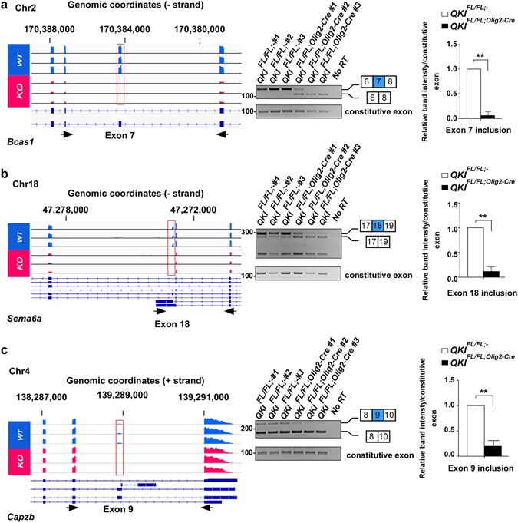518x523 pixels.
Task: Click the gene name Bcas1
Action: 18,143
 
